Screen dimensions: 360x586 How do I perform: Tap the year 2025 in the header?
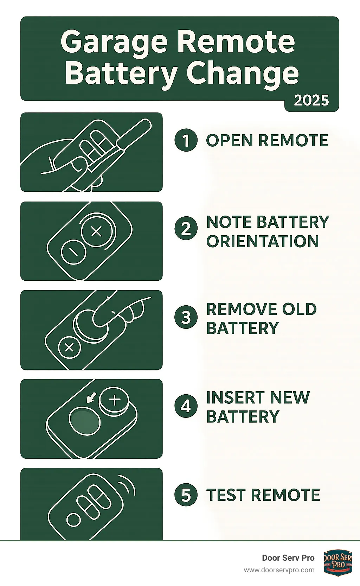click(311, 101)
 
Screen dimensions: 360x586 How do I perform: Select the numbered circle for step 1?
click(186, 140)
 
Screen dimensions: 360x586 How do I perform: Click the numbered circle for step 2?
click(186, 228)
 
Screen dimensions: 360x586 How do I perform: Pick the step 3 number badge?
click(186, 317)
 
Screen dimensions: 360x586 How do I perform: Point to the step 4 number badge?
click(186, 406)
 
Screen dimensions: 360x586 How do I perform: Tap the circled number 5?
click(186, 495)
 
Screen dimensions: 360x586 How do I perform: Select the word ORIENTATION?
click(263, 241)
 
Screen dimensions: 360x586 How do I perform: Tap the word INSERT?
click(236, 397)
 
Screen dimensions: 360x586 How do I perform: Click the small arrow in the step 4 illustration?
click(90, 398)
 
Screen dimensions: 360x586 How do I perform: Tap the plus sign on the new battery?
click(115, 400)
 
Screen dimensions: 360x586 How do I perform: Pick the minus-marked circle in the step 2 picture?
click(73, 252)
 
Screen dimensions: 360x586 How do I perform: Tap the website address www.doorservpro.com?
click(279, 570)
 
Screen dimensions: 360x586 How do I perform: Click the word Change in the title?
click(242, 73)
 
